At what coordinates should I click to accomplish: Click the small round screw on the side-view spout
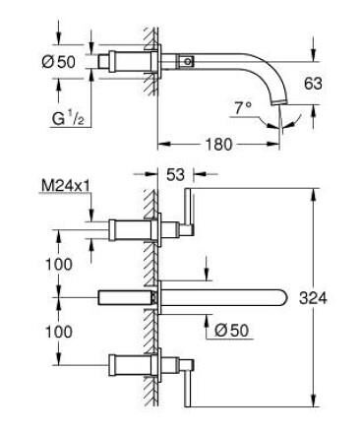pos(190,62)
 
